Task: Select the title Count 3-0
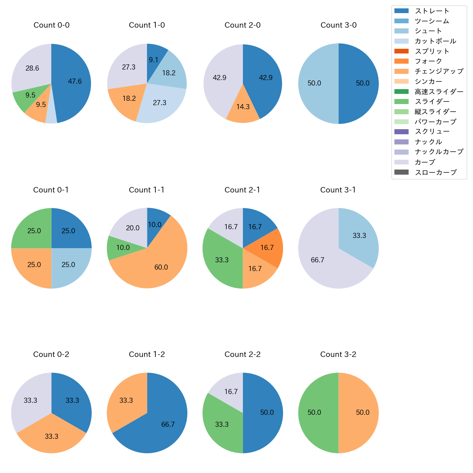[338, 25]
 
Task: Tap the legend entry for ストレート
[432, 11]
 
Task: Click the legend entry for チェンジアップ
[439, 71]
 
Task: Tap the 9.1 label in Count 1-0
[154, 60]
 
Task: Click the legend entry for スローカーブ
[436, 172]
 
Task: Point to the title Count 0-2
[51, 354]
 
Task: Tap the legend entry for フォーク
[428, 61]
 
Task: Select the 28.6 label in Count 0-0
[32, 68]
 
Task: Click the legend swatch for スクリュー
[401, 132]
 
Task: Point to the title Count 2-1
[242, 190]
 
